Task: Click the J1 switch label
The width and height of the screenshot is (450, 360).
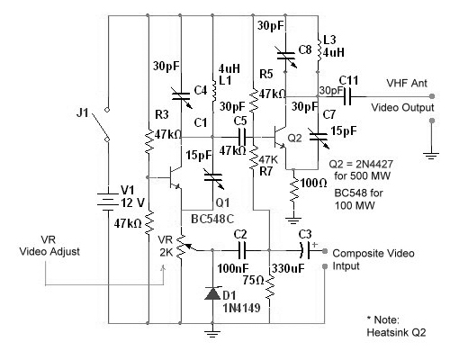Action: (x=83, y=112)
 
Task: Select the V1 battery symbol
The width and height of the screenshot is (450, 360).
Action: (x=108, y=200)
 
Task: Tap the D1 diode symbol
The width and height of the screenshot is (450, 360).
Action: (x=212, y=293)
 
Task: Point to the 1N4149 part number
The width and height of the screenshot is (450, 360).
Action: (x=241, y=308)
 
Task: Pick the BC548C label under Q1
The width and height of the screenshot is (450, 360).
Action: (x=212, y=219)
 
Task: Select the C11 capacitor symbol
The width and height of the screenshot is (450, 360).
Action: (x=346, y=96)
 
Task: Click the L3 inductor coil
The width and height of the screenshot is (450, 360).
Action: (x=319, y=49)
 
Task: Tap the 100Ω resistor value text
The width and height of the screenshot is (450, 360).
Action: (x=313, y=183)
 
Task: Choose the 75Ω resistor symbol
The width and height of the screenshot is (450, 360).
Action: (x=269, y=287)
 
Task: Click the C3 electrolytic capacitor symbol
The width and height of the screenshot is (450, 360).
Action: (x=305, y=250)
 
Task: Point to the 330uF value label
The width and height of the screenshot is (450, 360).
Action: (x=289, y=268)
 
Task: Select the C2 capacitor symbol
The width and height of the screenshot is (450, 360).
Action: (x=242, y=250)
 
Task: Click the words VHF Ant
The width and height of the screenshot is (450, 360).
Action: (x=407, y=83)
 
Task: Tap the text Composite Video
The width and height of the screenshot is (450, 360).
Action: (x=373, y=253)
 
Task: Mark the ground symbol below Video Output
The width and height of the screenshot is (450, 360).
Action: (x=431, y=156)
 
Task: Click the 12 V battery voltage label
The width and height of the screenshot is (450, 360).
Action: (x=133, y=203)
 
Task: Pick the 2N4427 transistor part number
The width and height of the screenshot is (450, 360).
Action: (x=373, y=164)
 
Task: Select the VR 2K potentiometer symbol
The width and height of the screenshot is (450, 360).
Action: (x=181, y=247)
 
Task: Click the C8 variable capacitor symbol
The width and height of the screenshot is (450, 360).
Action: (x=286, y=56)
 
